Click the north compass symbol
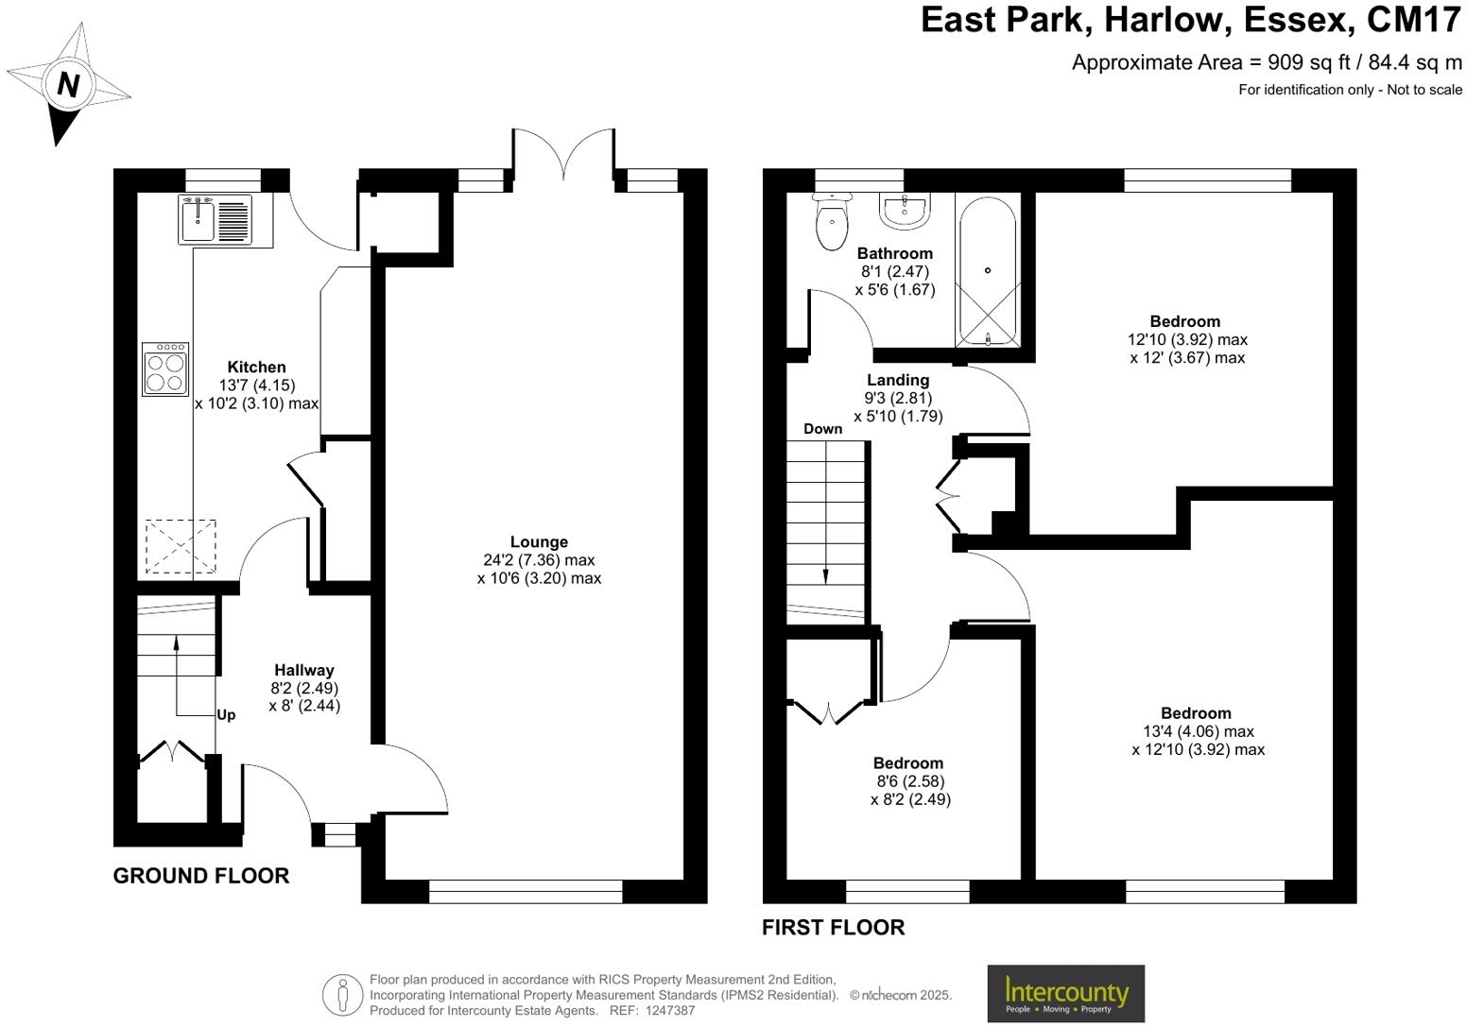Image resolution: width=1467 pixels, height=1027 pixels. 67,84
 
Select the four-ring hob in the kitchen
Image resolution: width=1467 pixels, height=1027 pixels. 164,368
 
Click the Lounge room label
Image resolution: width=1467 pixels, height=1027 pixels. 539,541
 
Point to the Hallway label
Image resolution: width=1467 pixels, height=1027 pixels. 304,670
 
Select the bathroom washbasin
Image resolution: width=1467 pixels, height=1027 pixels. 906,209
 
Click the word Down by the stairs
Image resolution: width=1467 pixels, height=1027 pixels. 822,429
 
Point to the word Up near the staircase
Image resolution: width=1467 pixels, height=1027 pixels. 226,715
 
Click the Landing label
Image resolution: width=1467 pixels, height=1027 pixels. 898,380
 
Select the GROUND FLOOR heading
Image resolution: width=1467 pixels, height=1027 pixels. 200,876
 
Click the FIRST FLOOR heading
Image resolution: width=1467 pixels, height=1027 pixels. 833,928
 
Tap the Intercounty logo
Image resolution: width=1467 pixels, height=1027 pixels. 1065,993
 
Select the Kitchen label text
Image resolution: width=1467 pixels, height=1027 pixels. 256,368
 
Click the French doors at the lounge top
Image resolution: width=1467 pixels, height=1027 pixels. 564,156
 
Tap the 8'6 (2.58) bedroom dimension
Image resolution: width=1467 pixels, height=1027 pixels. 910,781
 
